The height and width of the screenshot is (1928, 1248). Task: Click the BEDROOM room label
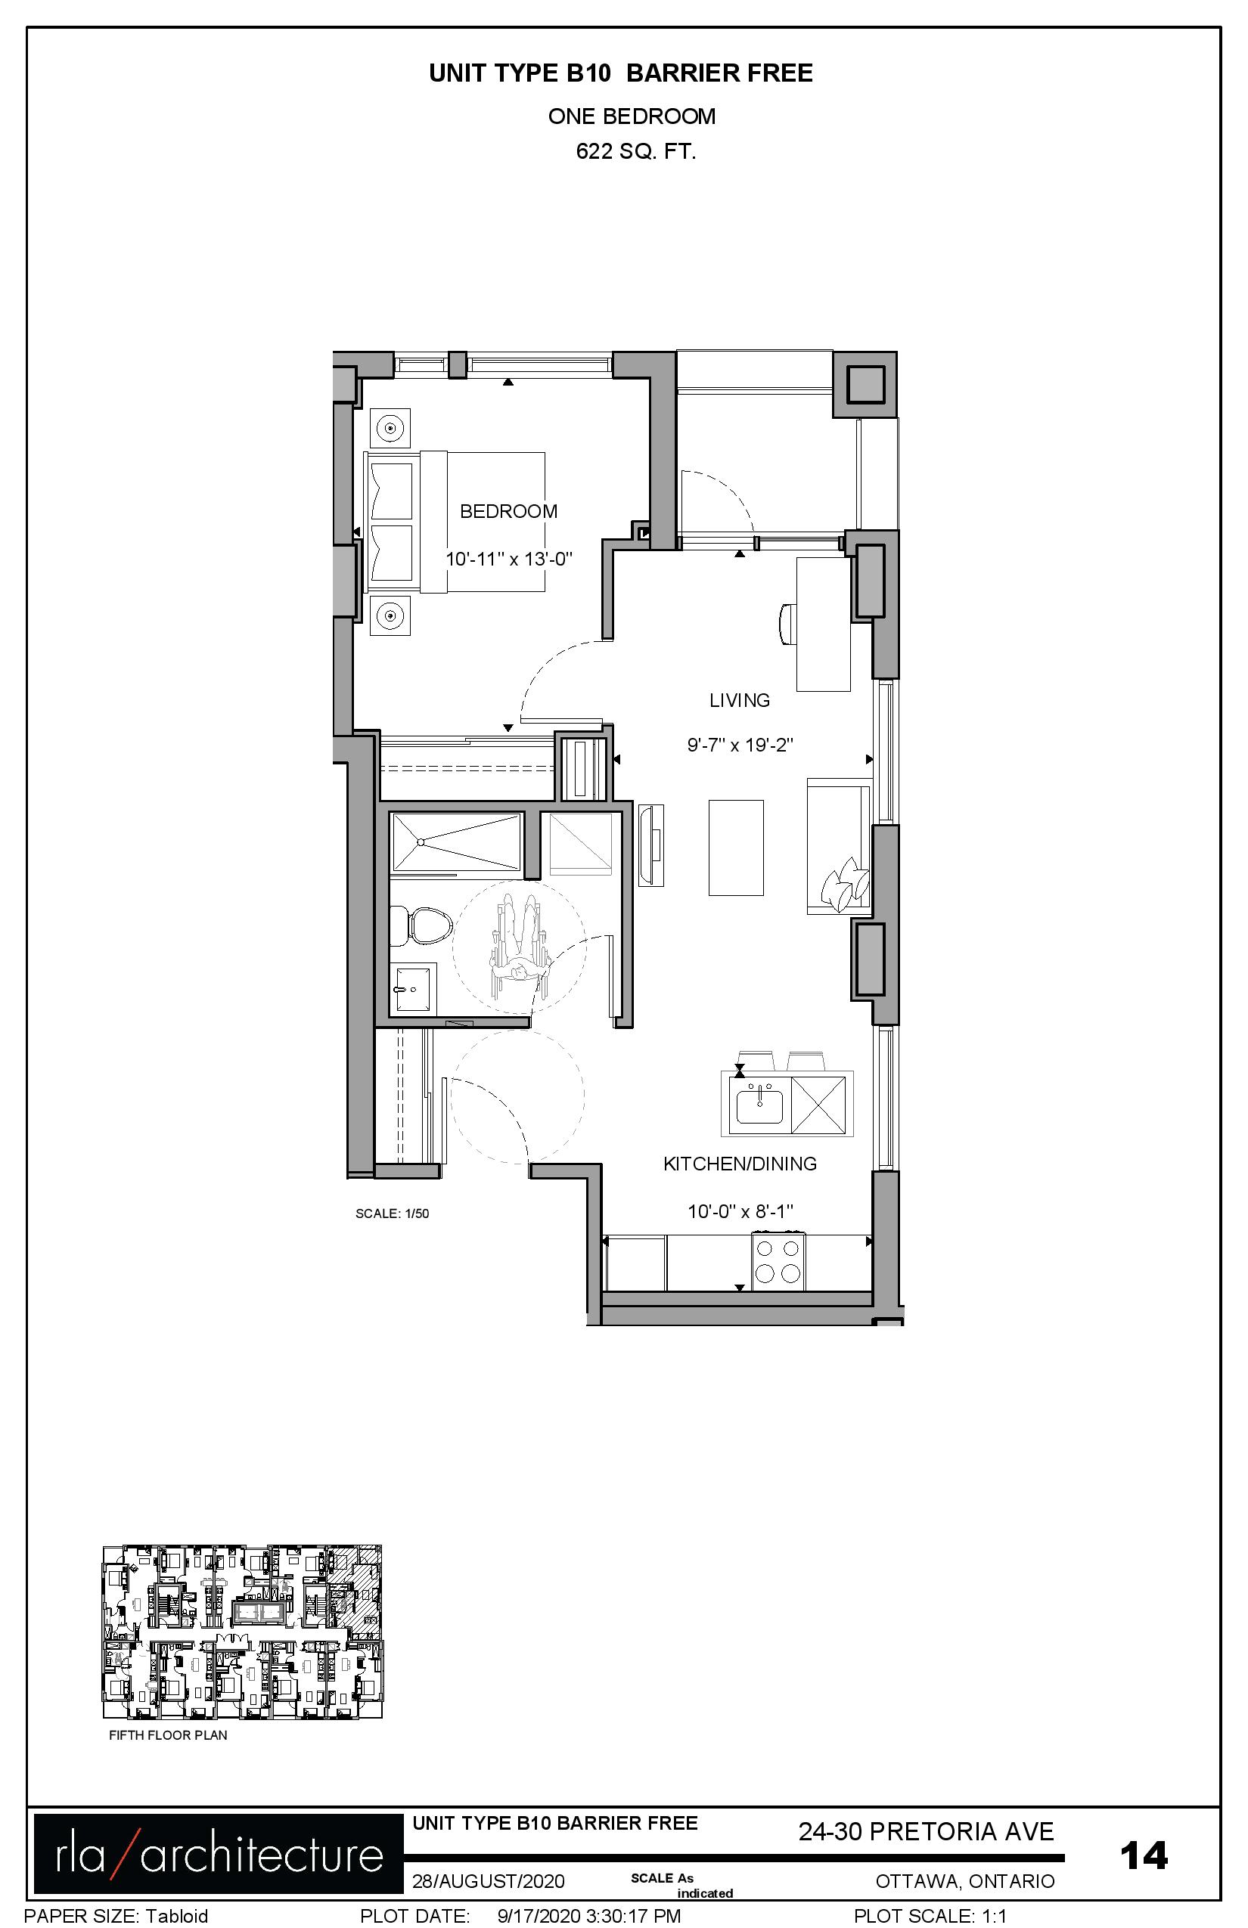click(x=508, y=511)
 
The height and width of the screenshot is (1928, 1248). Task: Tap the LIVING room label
click(x=739, y=700)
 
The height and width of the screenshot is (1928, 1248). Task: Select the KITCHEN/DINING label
click(x=740, y=1164)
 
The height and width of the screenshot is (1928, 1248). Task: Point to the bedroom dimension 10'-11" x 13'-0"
click(x=509, y=558)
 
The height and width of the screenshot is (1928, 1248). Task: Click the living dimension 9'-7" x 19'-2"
click(x=740, y=745)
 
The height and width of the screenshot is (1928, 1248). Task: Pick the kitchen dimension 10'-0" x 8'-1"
click(x=740, y=1211)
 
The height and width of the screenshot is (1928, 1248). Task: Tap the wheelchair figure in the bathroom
click(x=520, y=948)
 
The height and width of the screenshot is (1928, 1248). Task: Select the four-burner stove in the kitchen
click(x=778, y=1260)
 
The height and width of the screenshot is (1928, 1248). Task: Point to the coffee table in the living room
click(x=736, y=848)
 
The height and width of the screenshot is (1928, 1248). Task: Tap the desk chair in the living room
click(x=787, y=624)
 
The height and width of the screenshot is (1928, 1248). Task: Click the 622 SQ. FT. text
click(x=636, y=151)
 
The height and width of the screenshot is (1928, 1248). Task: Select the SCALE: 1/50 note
click(x=393, y=1214)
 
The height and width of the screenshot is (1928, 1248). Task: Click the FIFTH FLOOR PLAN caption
click(x=168, y=1735)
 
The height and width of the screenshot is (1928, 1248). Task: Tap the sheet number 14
click(x=1144, y=1855)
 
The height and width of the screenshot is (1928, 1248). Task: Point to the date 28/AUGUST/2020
click(x=488, y=1881)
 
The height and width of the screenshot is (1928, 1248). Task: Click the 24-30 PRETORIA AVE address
click(x=927, y=1831)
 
